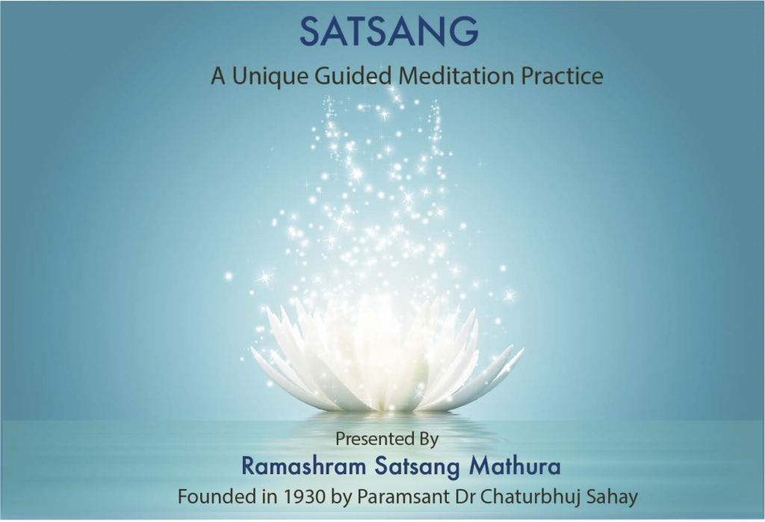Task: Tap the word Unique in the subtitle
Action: [x=272, y=76]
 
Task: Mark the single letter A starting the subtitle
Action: [x=218, y=76]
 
